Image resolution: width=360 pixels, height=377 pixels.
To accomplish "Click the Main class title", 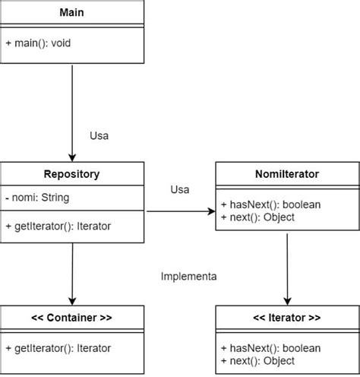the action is coord(71,12).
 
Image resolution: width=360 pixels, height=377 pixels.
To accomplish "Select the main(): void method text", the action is coord(38,43).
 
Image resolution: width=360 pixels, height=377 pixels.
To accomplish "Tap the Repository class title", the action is coord(71,174).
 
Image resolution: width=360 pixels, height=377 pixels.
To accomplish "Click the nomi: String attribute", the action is coord(37,198).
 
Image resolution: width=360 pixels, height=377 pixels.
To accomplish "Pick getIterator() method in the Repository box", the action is coord(58,227).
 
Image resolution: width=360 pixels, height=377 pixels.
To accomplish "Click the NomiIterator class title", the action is coord(287,174).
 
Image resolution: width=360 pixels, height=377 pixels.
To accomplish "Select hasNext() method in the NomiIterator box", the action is coord(271,204).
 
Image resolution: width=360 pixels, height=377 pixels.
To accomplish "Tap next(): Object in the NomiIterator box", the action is coord(257,217).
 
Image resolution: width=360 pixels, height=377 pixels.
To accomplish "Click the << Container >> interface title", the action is coord(71,318).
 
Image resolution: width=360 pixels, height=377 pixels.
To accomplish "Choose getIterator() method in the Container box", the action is coord(58,348).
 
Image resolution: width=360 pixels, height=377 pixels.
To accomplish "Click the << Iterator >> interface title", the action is coord(287,318).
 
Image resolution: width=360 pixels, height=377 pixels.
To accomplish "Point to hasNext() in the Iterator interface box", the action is coord(271,348).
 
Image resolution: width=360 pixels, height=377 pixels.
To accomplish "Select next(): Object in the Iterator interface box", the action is coord(257,361).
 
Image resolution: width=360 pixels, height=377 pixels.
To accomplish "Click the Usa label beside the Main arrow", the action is coord(99,136).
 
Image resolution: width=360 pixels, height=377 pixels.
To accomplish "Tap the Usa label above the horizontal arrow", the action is coord(180,189).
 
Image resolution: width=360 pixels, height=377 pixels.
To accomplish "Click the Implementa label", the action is coord(189,277).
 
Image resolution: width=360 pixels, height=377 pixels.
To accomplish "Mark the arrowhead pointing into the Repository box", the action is coord(72,157).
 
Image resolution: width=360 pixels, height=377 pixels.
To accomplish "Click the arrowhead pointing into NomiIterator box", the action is coord(211,211).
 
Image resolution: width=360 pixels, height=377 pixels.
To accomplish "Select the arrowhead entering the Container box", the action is coord(72,301).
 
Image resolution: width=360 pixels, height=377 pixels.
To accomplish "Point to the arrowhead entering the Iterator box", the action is coord(287,301).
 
